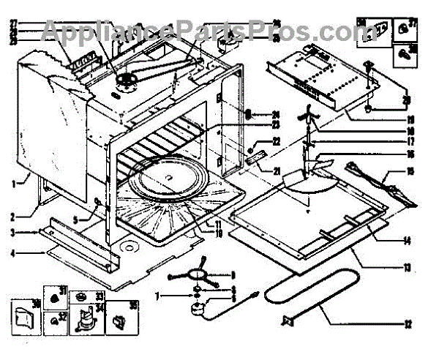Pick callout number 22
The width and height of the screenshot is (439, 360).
pos(277,140)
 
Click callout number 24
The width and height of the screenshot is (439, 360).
pos(277,113)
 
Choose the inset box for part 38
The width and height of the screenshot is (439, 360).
pos(402,53)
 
